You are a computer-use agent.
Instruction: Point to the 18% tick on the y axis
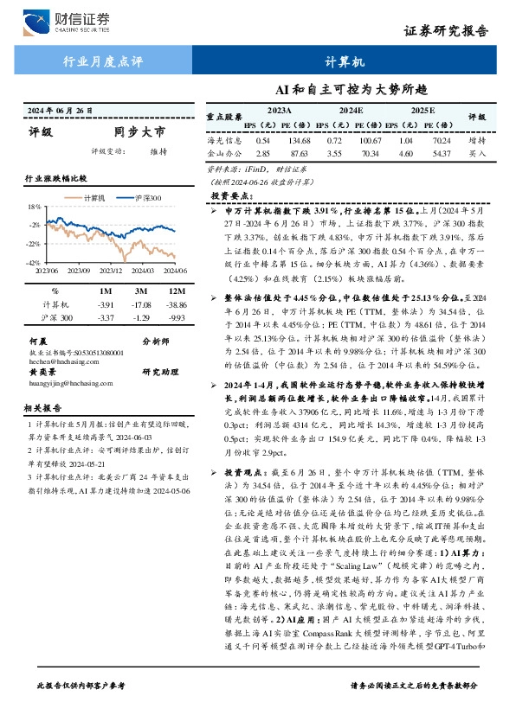(x=35, y=208)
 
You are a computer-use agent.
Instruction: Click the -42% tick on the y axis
(x=34, y=262)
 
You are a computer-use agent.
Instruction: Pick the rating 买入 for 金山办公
(x=477, y=152)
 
